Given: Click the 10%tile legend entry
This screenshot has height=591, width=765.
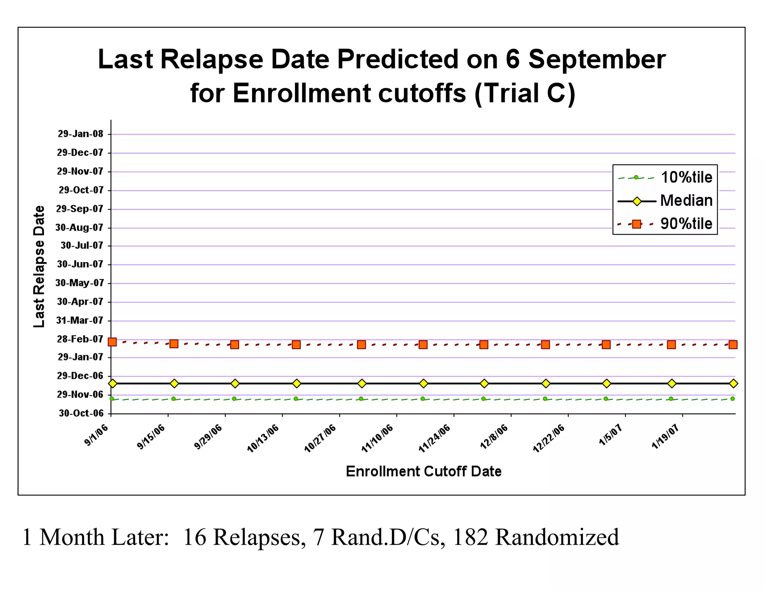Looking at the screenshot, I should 686,177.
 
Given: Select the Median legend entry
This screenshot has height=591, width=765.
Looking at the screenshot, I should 686,201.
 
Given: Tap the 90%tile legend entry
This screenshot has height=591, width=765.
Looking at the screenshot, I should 686,224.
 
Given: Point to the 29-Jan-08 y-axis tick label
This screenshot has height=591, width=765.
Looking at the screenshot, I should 80,134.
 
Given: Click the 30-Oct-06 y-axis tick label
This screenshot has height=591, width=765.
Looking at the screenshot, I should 81,413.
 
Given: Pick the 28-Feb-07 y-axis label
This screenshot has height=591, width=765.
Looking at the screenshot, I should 80,339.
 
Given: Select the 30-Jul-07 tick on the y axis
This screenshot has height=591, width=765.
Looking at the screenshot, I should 82,245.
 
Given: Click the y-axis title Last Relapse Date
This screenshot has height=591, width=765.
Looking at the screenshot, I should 39,267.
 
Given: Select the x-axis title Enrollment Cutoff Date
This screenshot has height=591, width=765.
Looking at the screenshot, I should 424,472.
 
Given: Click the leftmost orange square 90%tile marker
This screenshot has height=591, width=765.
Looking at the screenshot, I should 112,342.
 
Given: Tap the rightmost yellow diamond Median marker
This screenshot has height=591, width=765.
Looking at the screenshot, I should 733,383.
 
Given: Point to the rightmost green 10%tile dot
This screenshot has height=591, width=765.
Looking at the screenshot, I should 733,399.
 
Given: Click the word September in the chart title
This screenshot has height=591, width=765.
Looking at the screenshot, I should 597,60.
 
